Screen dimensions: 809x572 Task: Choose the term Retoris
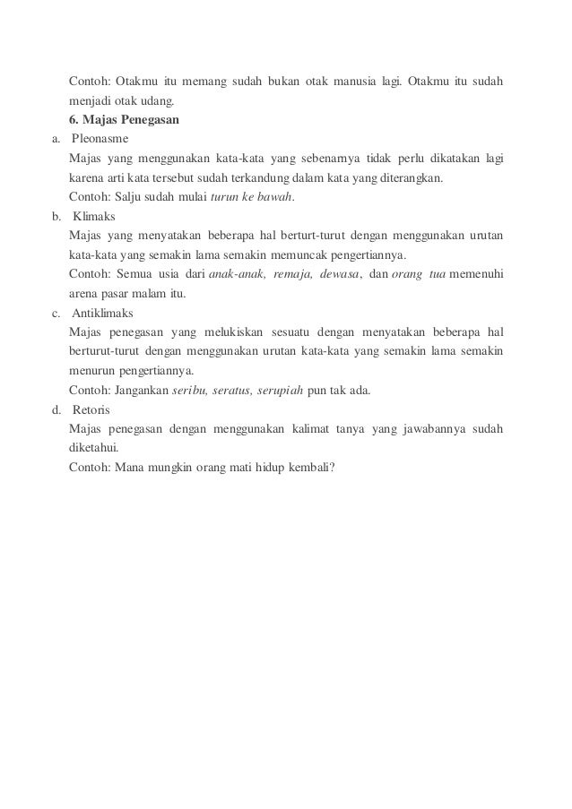[x=90, y=410]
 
